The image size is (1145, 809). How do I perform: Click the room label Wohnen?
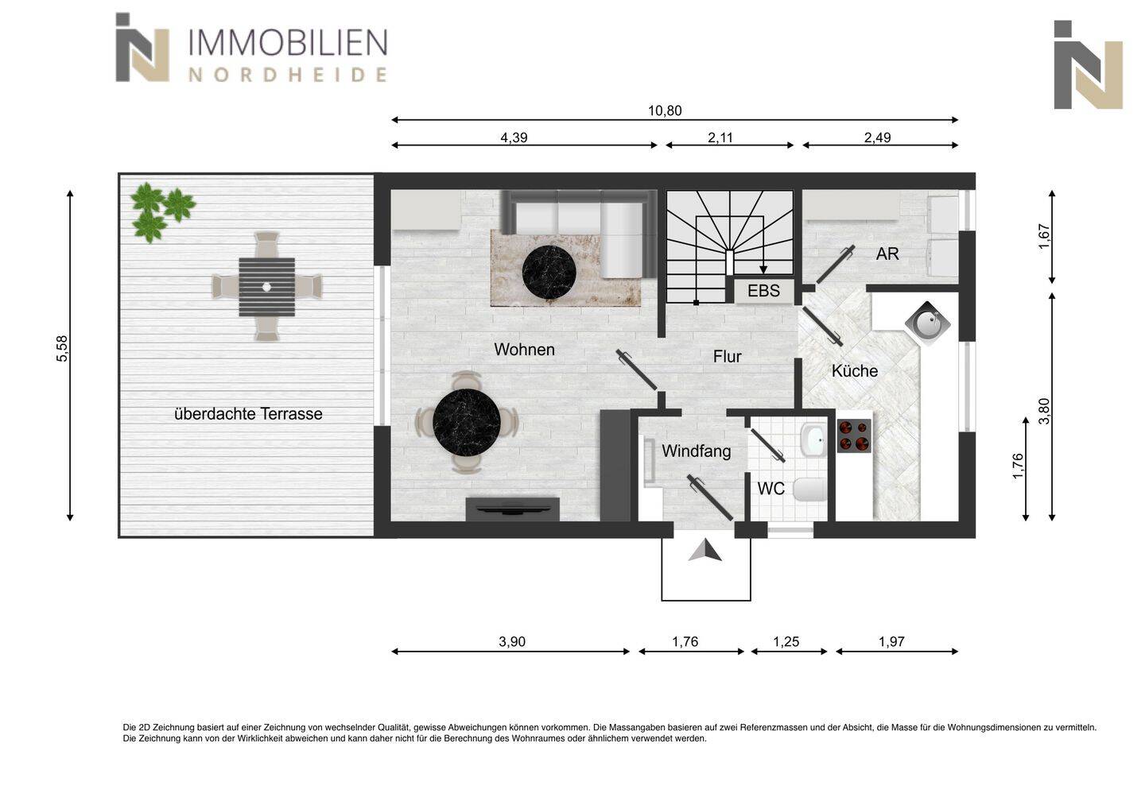(x=524, y=350)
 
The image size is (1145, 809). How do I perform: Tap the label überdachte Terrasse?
(x=248, y=414)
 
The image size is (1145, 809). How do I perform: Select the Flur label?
(x=727, y=357)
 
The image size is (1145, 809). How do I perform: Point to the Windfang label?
(x=696, y=451)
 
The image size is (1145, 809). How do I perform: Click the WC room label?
(x=770, y=489)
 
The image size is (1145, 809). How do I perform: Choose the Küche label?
(x=855, y=371)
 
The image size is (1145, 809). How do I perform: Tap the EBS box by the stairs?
(x=763, y=291)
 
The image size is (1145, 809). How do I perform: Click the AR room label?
(x=887, y=254)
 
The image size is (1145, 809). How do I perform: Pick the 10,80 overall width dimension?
(x=665, y=111)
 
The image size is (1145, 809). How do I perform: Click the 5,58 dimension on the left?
(x=62, y=349)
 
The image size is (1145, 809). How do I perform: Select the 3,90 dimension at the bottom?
(x=512, y=642)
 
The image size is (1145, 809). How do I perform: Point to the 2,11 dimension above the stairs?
(x=720, y=137)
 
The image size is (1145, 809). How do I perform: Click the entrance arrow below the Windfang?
(x=704, y=550)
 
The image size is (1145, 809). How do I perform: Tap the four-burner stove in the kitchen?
(x=854, y=435)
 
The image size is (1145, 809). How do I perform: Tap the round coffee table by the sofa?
(x=549, y=272)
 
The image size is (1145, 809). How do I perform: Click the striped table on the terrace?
(x=266, y=287)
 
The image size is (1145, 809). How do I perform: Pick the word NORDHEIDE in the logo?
(x=287, y=75)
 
